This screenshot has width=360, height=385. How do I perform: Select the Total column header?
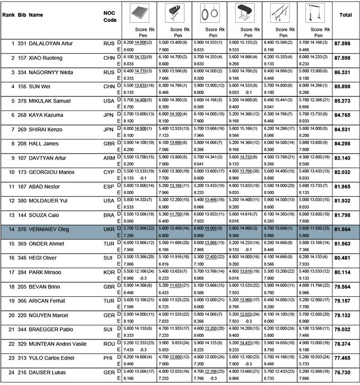(345, 15)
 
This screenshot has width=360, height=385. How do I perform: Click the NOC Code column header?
(109, 15)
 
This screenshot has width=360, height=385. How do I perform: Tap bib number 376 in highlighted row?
(22, 214)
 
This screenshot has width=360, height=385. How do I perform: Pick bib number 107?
(22, 157)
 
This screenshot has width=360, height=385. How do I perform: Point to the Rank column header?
(8, 15)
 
